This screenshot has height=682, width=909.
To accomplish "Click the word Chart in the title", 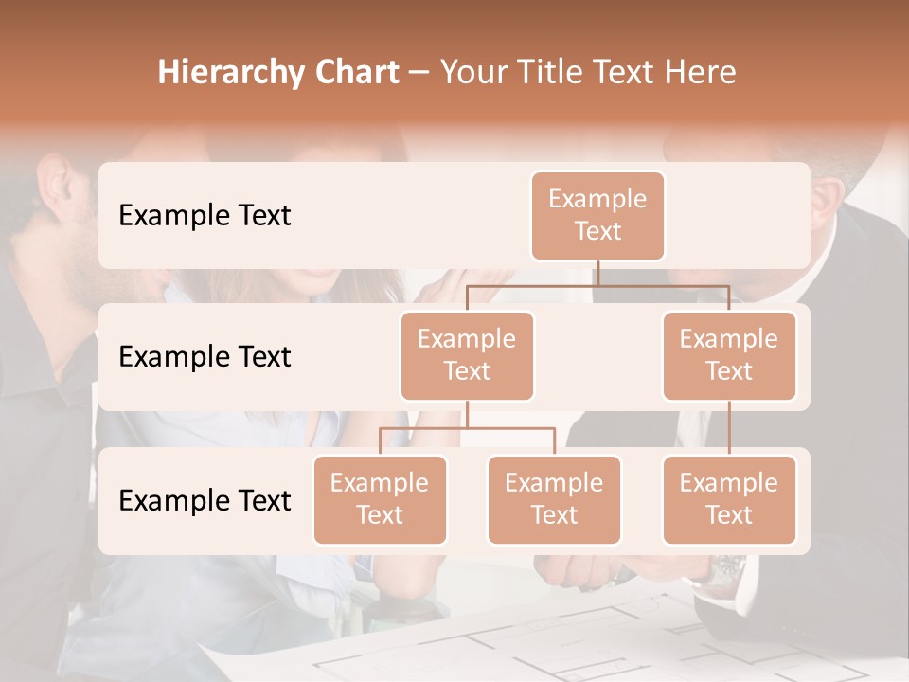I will (x=357, y=73).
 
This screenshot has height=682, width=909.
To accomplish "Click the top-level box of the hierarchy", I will (x=597, y=216).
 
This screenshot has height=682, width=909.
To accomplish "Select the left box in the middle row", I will (x=467, y=356).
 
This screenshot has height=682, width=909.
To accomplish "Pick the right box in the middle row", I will (x=729, y=356).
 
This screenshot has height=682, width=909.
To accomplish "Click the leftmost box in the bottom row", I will (x=380, y=500).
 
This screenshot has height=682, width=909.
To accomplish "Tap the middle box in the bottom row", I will (x=554, y=500).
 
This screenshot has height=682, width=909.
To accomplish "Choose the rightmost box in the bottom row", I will (x=729, y=500).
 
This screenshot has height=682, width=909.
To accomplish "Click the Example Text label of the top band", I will (x=205, y=216).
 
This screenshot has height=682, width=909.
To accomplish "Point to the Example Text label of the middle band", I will (x=205, y=357).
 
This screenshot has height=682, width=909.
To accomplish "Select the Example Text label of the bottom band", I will (x=205, y=500).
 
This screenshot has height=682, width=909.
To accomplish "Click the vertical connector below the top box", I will (x=597, y=272).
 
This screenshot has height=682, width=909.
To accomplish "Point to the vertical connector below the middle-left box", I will (x=467, y=414).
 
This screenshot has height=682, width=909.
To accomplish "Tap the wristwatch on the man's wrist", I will (x=727, y=568).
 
